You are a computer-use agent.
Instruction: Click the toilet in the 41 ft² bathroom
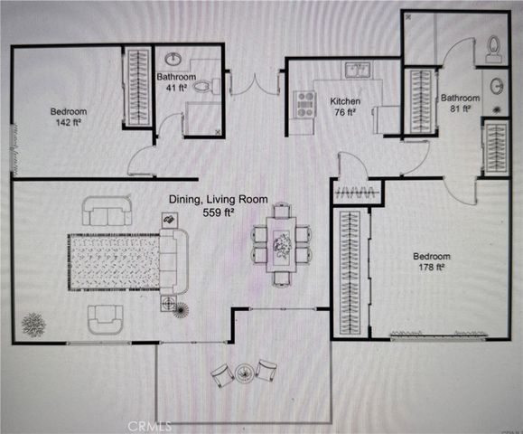206,87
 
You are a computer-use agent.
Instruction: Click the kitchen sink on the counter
362,70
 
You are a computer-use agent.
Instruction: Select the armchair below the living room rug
106,316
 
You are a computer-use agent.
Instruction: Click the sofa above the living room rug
106,213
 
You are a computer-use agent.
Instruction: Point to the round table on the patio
244,371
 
